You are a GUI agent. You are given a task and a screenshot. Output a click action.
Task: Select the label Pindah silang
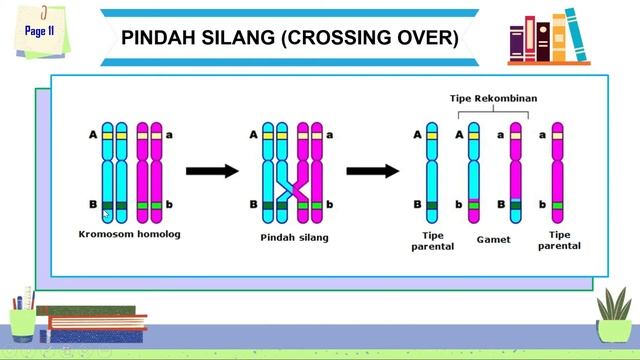[294, 237]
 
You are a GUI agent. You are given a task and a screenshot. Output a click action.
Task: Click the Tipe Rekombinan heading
[488, 98]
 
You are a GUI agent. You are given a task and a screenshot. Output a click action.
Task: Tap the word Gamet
[493, 240]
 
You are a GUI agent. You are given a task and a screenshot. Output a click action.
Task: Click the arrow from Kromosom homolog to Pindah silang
[212, 170]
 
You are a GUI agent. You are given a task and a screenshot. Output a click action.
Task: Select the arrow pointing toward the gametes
[372, 170]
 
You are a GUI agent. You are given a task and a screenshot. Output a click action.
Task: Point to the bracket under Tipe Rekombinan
[488, 113]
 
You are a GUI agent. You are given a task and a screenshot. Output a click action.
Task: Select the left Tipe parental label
[432, 240]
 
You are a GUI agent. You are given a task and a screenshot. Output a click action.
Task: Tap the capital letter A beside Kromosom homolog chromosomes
[93, 134]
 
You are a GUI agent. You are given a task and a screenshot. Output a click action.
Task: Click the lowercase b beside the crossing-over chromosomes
[330, 205]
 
